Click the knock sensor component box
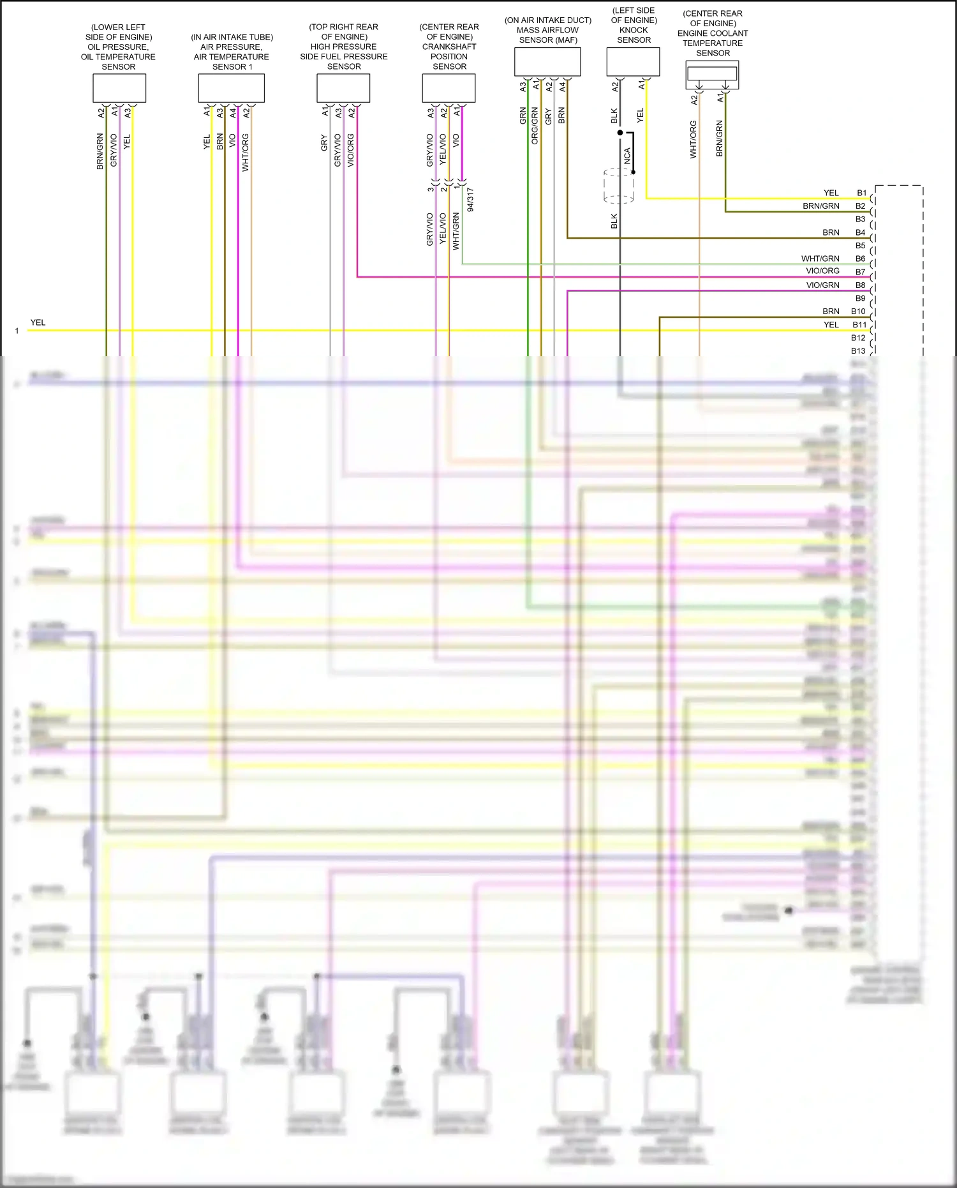click(x=633, y=61)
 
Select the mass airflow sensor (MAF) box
click(x=547, y=61)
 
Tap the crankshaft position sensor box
click(x=449, y=88)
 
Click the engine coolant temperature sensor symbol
click(x=712, y=75)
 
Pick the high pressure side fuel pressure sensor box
click(x=343, y=88)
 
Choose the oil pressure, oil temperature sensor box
click(x=119, y=88)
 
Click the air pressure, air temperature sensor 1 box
click(x=231, y=88)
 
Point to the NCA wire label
click(x=627, y=156)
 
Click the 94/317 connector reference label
click(x=470, y=199)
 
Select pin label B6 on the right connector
click(x=860, y=259)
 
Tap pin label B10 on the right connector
click(x=858, y=312)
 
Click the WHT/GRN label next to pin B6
click(x=820, y=259)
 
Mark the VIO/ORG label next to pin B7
click(x=822, y=271)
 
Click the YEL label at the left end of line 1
click(x=38, y=322)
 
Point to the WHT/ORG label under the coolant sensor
click(x=693, y=139)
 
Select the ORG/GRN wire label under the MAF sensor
click(x=535, y=126)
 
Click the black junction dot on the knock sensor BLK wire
click(x=619, y=133)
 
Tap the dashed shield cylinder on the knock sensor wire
click(x=618, y=186)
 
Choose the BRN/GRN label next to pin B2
click(x=820, y=206)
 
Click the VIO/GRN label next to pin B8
click(x=822, y=285)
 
